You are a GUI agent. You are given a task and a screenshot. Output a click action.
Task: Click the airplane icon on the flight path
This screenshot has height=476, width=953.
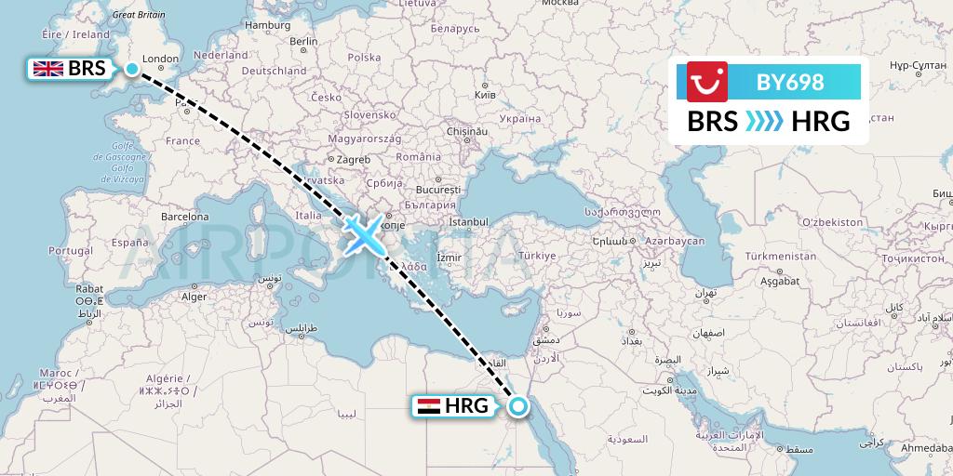tap(362, 233)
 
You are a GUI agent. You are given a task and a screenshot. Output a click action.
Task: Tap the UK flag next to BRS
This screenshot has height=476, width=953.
tap(48, 69)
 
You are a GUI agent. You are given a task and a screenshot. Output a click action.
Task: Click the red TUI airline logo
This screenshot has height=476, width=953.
tap(706, 82)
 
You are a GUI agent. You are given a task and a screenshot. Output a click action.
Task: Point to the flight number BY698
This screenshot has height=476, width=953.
tap(790, 82)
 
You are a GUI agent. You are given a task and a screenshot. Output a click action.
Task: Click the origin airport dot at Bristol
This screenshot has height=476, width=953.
tap(132, 69)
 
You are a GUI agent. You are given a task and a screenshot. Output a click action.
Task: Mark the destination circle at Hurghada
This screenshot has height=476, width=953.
tap(517, 405)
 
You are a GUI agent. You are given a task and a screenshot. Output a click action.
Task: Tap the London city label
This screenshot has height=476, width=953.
tap(160, 59)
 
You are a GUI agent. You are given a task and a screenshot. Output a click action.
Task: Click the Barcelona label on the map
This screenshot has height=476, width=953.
tap(185, 217)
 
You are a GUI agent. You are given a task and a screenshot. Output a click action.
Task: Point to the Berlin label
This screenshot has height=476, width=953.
tap(303, 42)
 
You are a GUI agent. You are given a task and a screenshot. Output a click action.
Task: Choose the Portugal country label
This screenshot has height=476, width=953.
tap(70, 251)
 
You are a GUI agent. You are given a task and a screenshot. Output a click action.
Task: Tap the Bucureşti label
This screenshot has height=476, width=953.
tap(447, 181)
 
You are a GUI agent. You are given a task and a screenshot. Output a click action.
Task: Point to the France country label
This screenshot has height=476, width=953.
tap(182, 141)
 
